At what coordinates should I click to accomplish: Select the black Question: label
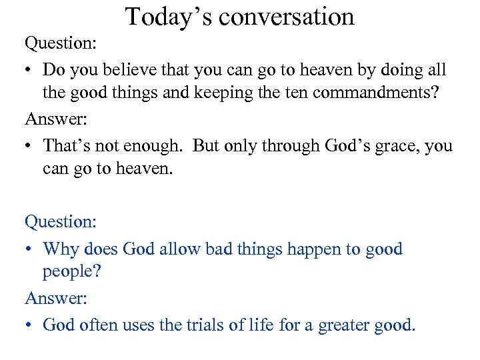tap(61, 43)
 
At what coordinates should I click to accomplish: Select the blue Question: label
tap(61, 221)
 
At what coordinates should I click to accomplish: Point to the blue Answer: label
tap(56, 299)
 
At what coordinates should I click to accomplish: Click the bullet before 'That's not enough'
tap(30, 145)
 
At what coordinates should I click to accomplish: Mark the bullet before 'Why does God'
tap(30, 249)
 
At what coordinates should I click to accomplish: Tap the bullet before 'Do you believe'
tap(30, 69)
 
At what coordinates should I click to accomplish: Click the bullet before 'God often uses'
tap(30, 325)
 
